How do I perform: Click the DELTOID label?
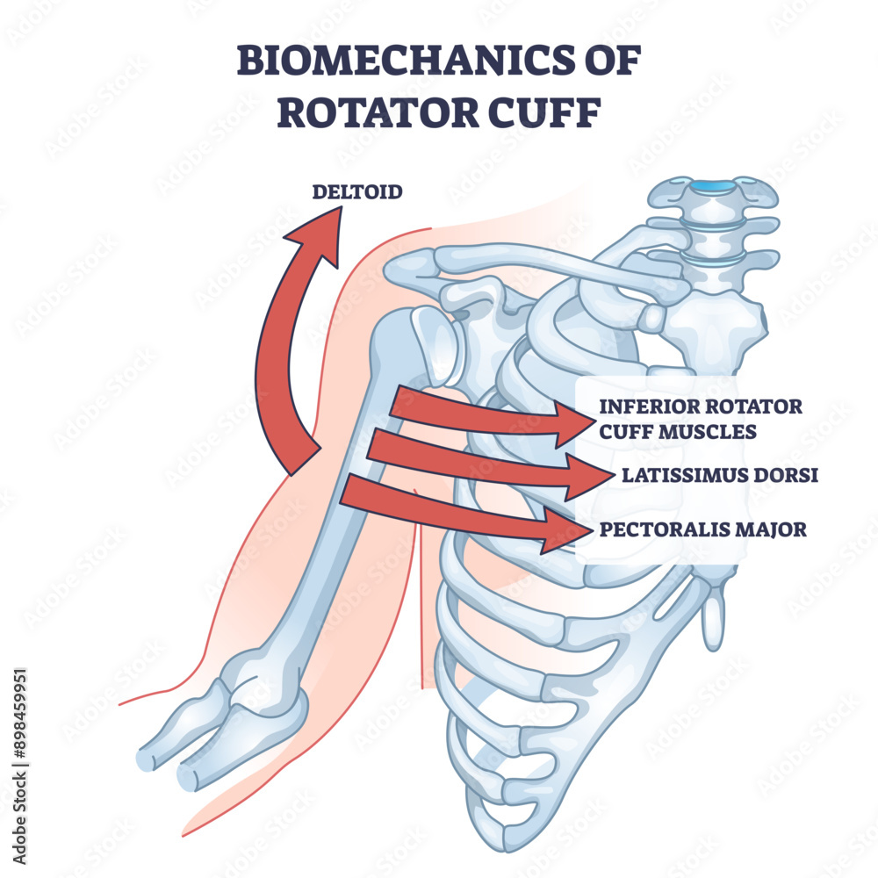[357, 191]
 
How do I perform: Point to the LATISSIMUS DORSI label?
[720, 476]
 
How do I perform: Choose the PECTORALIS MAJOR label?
[702, 529]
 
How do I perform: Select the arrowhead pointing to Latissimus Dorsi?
[593, 476]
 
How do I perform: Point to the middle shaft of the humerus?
[338, 518]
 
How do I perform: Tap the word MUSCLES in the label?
[712, 431]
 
